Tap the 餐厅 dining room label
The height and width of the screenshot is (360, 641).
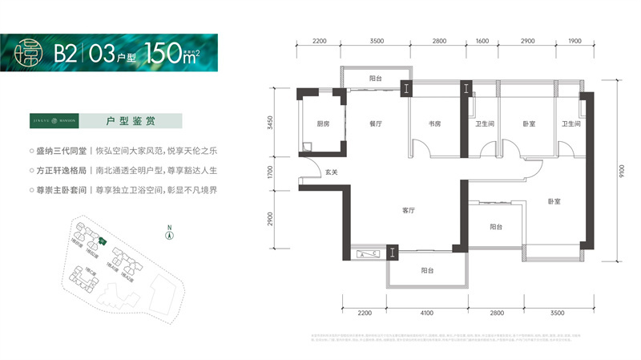(x=373, y=124)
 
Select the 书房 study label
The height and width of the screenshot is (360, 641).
(x=435, y=124)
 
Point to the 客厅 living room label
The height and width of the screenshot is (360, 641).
(x=408, y=211)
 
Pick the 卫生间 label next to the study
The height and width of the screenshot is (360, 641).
(x=484, y=124)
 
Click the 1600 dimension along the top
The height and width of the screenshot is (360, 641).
(x=482, y=40)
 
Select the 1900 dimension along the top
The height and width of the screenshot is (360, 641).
(x=574, y=40)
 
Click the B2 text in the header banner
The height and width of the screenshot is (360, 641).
(x=66, y=53)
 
